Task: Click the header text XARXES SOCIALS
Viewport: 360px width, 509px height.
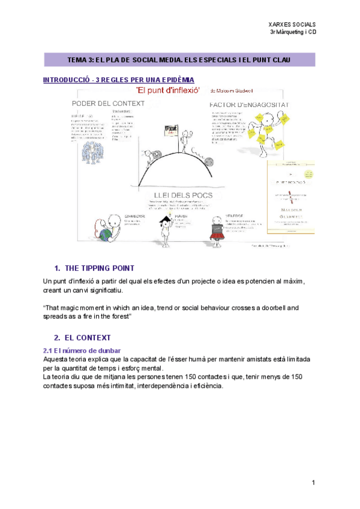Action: pyautogui.click(x=293, y=24)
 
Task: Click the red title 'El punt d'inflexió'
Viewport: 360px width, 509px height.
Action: pyautogui.click(x=168, y=90)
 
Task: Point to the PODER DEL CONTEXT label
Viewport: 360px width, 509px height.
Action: pyautogui.click(x=109, y=103)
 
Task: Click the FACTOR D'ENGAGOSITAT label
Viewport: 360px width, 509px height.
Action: pyautogui.click(x=249, y=104)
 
